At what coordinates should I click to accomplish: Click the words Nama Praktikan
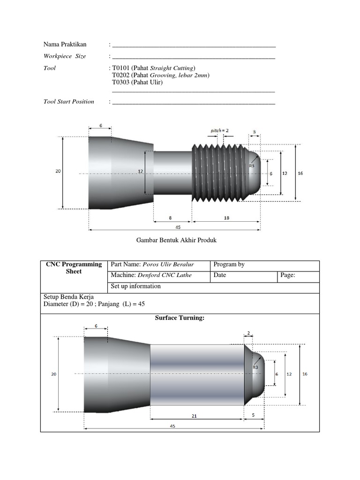click(x=65, y=45)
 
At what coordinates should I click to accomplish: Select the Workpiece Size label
click(x=65, y=56)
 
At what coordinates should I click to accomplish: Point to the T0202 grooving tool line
click(x=160, y=75)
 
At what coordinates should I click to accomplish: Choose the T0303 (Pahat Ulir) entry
click(x=137, y=82)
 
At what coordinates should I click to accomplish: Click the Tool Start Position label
click(x=69, y=102)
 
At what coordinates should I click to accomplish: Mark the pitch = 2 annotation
click(x=219, y=130)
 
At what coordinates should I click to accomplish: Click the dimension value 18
click(x=226, y=218)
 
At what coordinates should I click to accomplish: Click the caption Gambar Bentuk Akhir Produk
click(x=176, y=240)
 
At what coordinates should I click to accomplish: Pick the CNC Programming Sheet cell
click(x=74, y=268)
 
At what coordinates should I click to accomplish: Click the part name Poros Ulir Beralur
click(x=168, y=264)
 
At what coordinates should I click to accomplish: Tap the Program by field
click(x=229, y=264)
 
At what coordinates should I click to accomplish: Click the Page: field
click(x=287, y=275)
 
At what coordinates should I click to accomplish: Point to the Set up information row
click(x=136, y=286)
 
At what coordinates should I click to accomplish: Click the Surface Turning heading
click(x=180, y=318)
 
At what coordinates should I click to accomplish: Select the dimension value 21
click(x=197, y=415)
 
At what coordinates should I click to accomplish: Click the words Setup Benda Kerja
click(x=68, y=297)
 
